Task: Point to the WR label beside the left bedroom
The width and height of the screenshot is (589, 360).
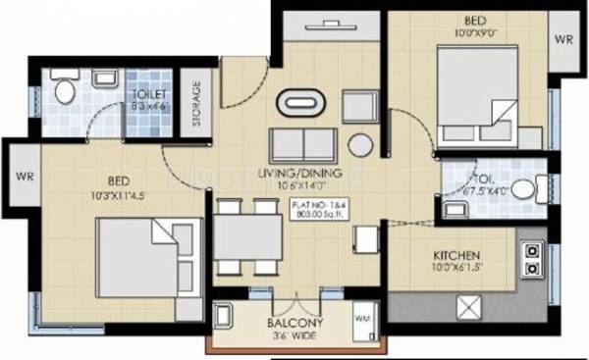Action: [24, 178]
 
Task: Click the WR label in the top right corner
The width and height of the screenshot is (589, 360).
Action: [562, 40]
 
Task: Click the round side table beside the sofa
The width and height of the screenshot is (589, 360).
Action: [360, 144]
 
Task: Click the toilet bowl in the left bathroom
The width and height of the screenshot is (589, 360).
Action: [64, 90]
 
